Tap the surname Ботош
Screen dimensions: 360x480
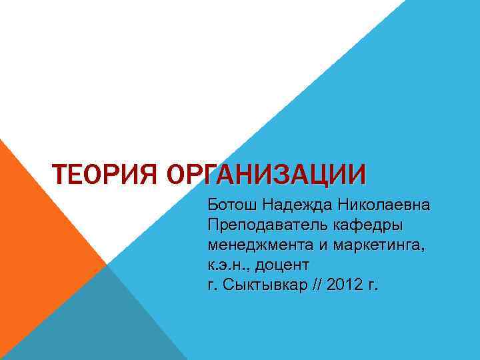(x=231, y=203)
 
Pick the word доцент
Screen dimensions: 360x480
(x=281, y=265)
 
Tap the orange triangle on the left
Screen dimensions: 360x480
(x=40, y=220)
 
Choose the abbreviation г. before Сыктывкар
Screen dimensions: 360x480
(x=213, y=285)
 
